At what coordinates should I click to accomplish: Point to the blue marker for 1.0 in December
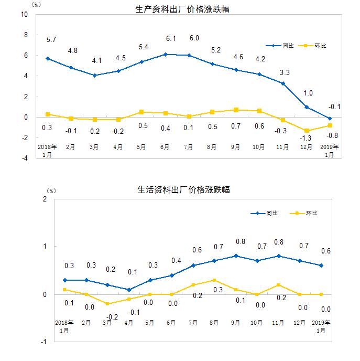307,107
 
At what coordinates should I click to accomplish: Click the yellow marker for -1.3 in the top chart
307,131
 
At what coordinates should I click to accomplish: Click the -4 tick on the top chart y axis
24,158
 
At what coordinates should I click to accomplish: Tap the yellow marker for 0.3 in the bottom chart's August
214,280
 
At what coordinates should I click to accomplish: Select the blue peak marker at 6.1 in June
166,54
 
